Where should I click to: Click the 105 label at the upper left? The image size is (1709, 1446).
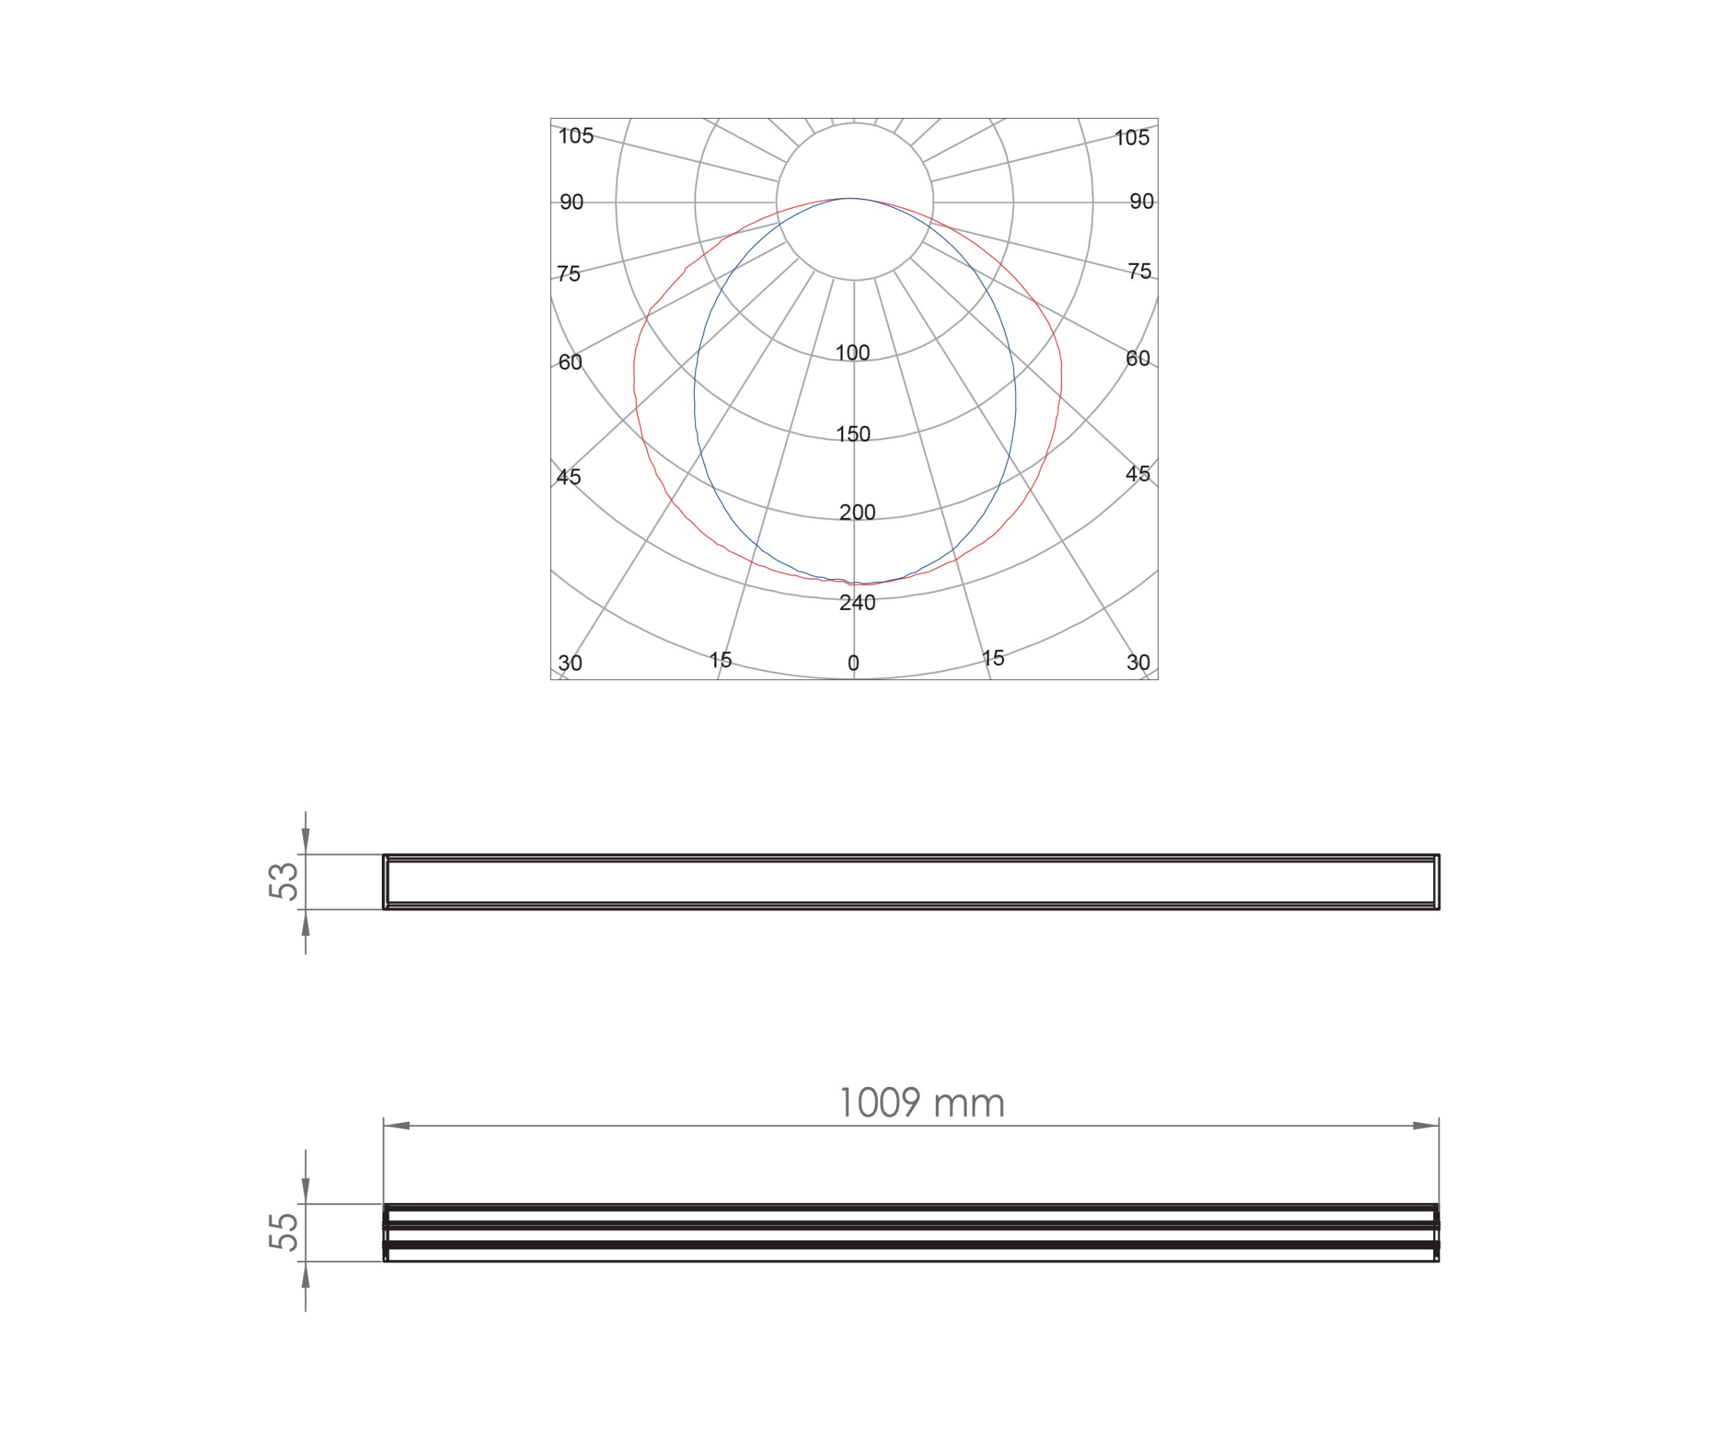575,136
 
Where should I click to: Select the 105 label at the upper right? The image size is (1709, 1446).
1132,137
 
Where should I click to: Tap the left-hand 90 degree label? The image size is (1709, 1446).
571,202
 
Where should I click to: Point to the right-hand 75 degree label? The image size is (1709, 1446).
1140,272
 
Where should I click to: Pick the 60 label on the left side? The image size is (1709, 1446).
570,362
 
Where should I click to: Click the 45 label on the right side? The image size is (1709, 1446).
1138,474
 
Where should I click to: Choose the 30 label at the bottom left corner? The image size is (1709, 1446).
570,663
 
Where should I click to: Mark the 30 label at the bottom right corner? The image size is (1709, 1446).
1138,663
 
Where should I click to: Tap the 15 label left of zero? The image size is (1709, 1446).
720,660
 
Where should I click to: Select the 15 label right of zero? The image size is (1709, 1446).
993,657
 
